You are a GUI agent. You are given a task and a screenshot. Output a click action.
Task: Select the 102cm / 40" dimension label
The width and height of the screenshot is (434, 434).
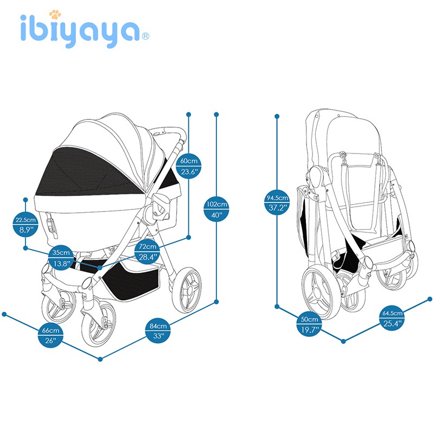click(x=216, y=209)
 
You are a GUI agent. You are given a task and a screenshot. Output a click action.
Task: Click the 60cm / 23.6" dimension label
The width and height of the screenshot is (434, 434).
click(x=189, y=167)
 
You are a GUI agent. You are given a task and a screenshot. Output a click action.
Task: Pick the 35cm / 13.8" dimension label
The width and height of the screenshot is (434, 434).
click(x=61, y=258)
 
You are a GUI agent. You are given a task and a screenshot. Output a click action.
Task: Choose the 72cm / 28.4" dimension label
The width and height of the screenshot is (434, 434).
click(x=148, y=252)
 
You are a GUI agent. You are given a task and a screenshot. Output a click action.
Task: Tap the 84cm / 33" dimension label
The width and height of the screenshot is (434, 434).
click(x=158, y=331)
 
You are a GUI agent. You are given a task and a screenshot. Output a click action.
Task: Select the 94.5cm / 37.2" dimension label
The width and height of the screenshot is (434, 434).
click(x=277, y=202)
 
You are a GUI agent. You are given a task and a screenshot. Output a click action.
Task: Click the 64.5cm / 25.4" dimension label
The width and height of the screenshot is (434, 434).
click(x=393, y=319)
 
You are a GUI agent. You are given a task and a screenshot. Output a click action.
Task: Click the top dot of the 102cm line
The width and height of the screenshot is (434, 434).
click(x=216, y=114)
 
